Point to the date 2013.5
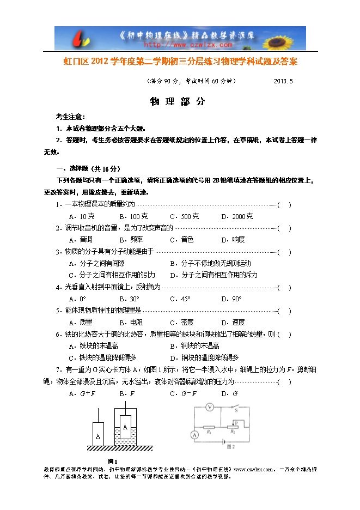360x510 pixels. tap(283, 81)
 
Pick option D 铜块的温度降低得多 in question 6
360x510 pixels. tap(204, 357)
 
